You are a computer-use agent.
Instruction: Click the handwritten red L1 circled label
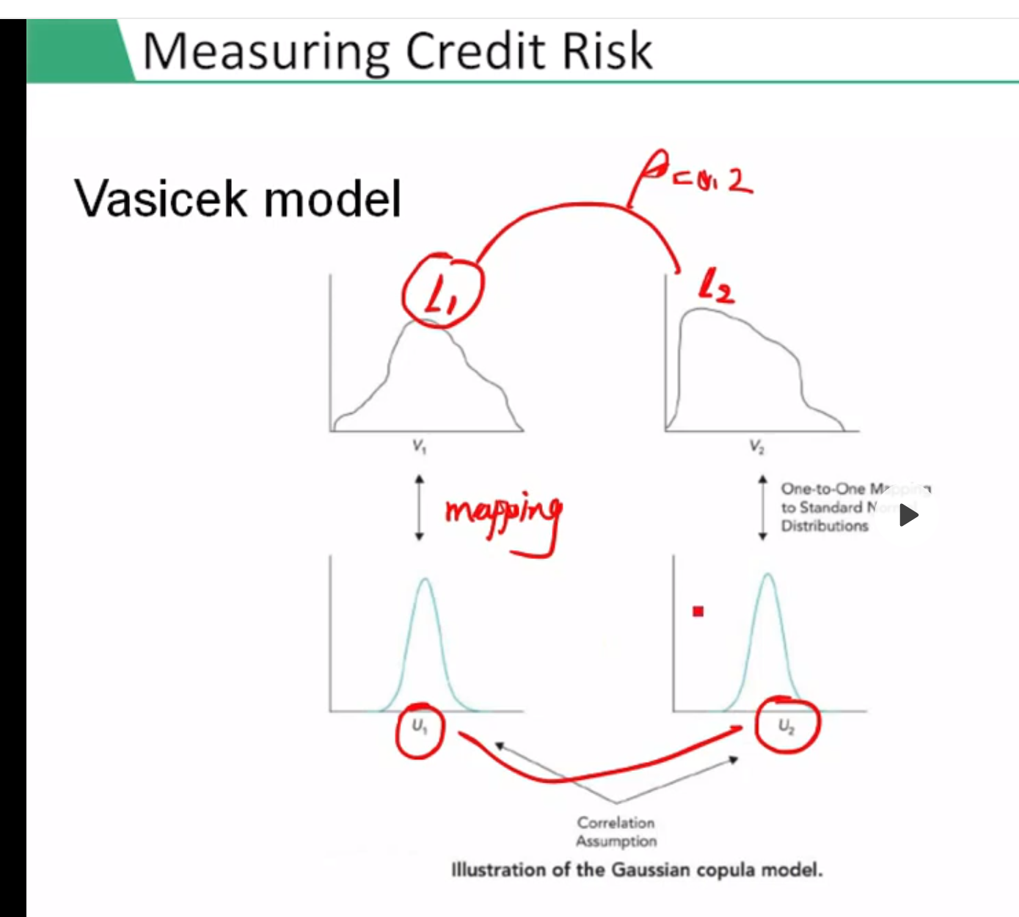point(442,293)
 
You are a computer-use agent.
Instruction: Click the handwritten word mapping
point(503,514)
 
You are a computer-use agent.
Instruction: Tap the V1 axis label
point(419,446)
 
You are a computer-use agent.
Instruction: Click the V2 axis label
point(757,446)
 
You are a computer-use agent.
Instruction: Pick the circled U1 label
point(419,728)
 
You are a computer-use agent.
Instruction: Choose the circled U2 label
point(786,726)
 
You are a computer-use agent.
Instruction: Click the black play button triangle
point(909,515)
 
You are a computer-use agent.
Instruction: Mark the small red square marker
point(698,611)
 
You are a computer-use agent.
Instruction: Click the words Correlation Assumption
point(616,832)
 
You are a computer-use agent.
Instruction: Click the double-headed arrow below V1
point(419,507)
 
